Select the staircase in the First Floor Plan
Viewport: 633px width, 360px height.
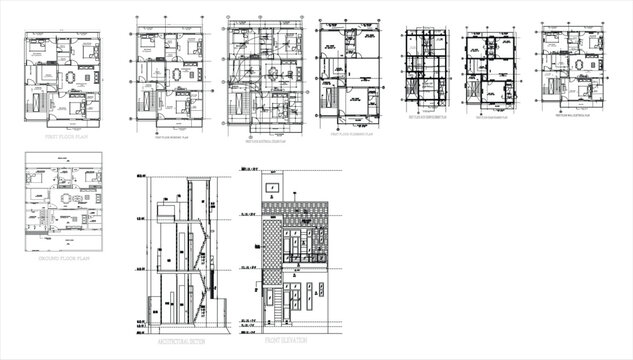click(x=38, y=101)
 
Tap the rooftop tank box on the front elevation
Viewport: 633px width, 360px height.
click(x=272, y=187)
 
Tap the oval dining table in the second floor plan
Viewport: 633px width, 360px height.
click(x=176, y=76)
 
